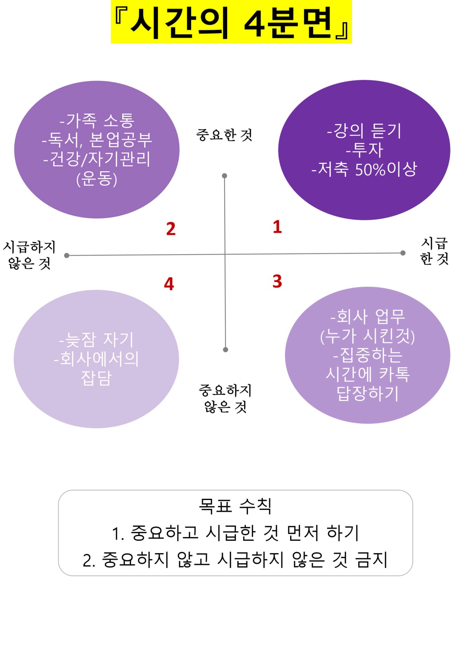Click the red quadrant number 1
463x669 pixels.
tap(277, 227)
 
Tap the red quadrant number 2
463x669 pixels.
tap(171, 229)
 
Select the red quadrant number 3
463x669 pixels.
tap(277, 281)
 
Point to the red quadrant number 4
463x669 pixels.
tap(169, 284)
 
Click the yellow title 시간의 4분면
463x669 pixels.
tap(231, 22)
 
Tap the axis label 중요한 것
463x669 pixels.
tap(224, 135)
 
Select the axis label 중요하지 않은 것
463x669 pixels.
tap(225, 398)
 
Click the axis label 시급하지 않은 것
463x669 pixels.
tap(29, 255)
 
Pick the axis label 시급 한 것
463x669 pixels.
tap(434, 251)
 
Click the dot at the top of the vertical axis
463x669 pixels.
tap(225, 176)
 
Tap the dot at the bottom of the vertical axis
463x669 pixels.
tap(226, 350)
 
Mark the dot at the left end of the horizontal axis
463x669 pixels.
tap(67, 256)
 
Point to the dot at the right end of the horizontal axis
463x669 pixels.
tap(403, 253)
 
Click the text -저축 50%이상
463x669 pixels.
tap(364, 169)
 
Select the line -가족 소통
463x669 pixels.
tap(97, 120)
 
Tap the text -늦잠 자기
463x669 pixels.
tap(96, 340)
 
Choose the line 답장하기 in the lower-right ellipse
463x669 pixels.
tap(368, 393)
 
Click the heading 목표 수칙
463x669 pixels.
tap(235, 506)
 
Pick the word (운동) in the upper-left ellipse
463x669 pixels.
tap(97, 179)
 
